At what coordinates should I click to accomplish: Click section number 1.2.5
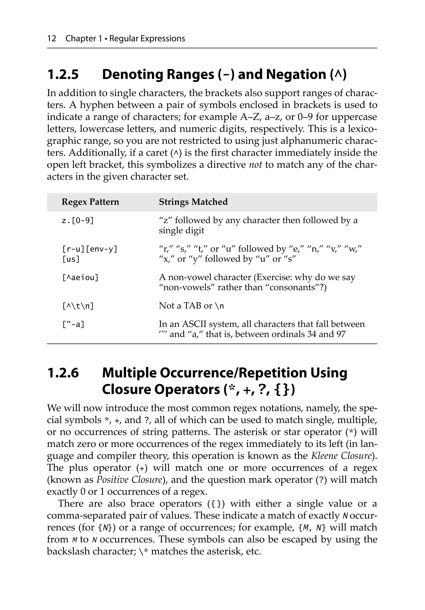point(63,74)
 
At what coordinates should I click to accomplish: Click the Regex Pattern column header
point(90,202)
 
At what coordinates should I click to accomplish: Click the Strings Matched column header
point(193,202)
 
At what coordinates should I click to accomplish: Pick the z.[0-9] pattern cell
point(78,220)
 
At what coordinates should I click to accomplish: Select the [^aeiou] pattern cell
point(80,278)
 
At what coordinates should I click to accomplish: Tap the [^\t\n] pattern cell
point(78,306)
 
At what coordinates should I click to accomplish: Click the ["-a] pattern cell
point(73,324)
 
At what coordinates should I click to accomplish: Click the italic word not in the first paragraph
point(255,165)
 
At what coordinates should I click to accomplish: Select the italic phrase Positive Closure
point(129,480)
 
